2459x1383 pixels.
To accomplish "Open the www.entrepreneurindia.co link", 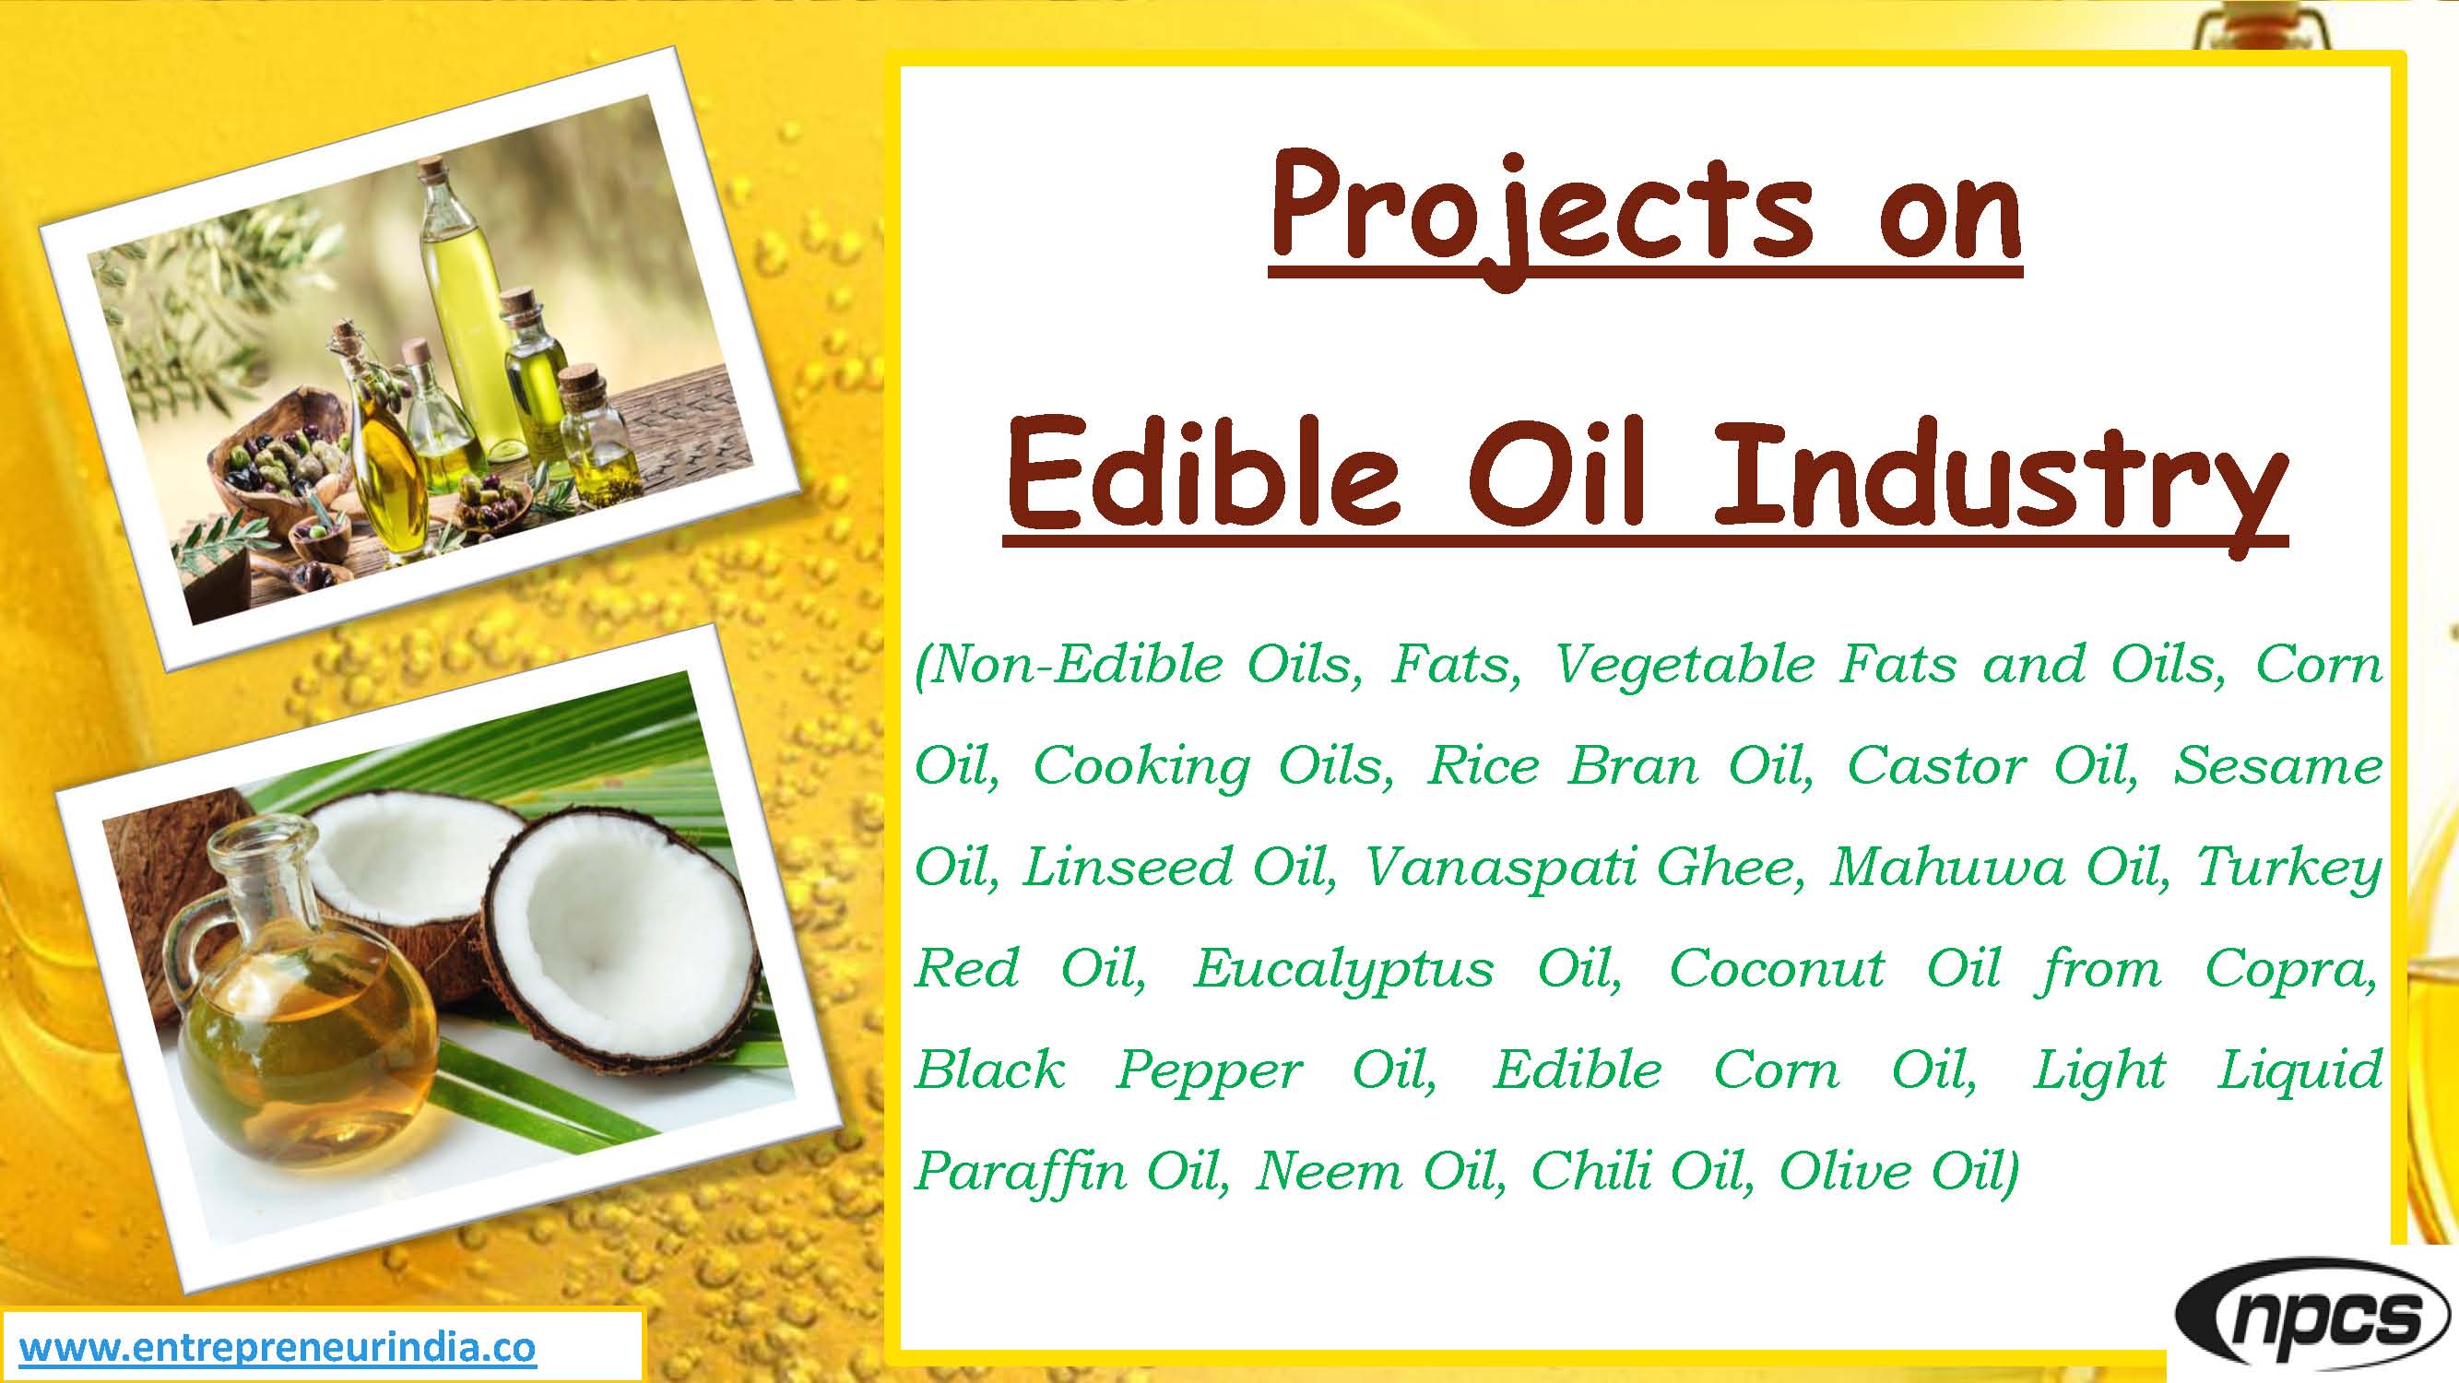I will pos(278,1349).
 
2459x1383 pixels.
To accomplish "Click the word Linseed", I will pos(1127,868).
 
